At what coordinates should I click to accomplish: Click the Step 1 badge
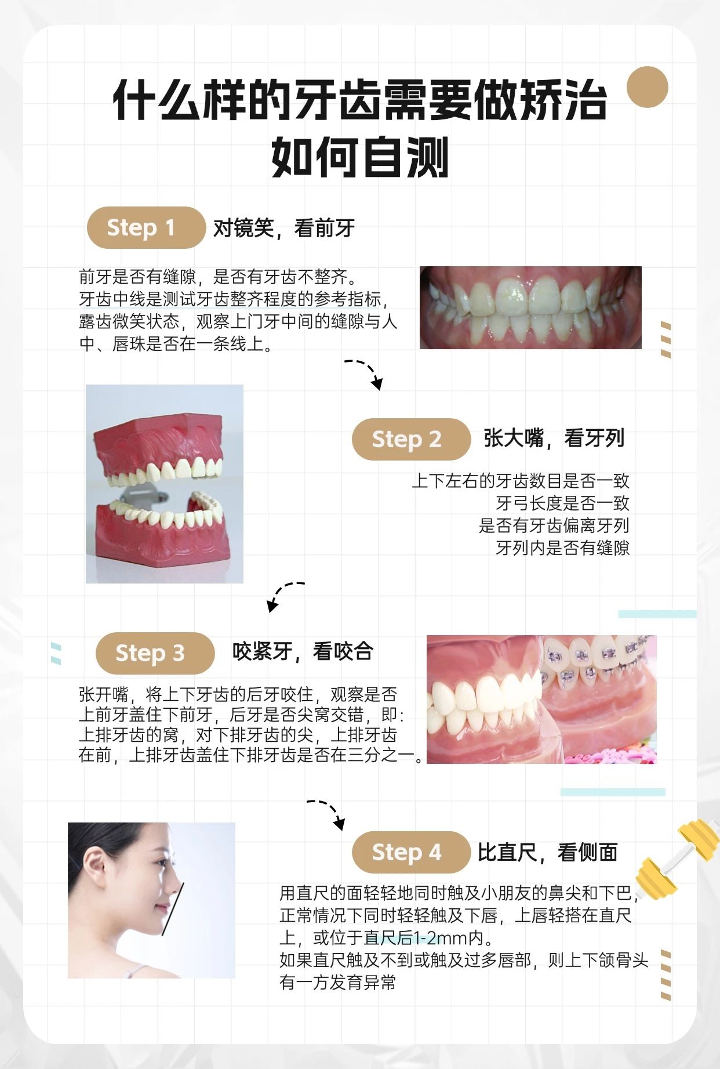click(146, 227)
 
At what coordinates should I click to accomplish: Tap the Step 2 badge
click(411, 439)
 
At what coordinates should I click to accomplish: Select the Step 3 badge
click(155, 653)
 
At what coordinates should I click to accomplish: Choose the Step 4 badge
click(411, 852)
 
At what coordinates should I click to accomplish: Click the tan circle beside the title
click(648, 87)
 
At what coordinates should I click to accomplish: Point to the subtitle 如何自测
click(360, 157)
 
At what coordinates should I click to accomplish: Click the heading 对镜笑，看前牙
click(284, 228)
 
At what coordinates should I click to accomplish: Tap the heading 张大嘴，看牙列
click(554, 438)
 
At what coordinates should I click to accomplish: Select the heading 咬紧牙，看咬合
click(303, 651)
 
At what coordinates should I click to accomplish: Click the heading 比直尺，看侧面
click(548, 852)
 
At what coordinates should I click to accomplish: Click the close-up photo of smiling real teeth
click(530, 307)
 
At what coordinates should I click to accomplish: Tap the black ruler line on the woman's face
click(173, 909)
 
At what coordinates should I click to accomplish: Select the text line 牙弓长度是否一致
click(562, 503)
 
